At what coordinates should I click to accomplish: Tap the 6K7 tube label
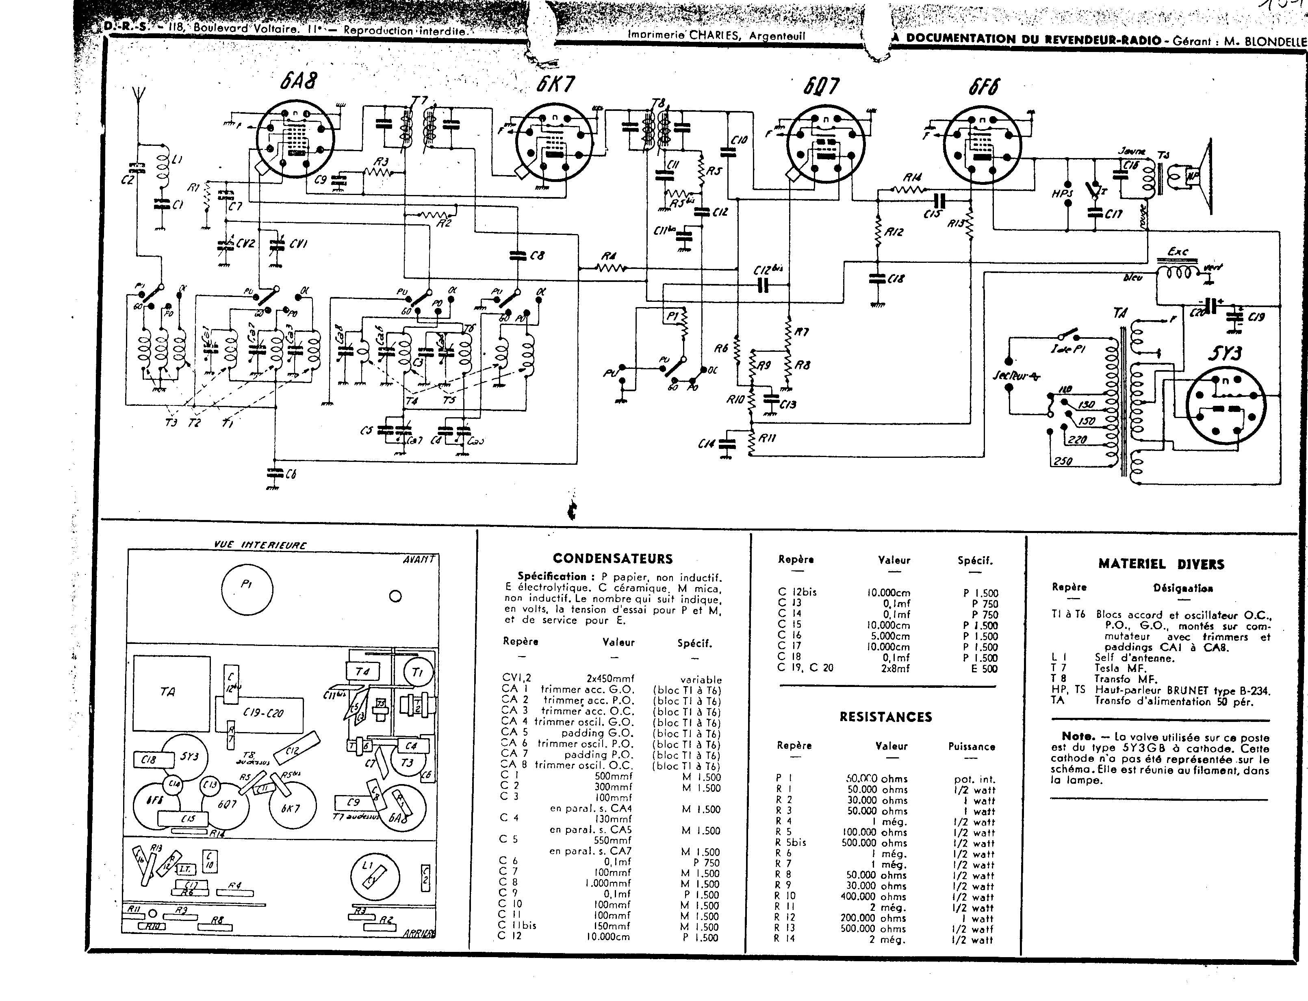click(x=555, y=84)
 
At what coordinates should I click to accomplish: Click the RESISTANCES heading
click(x=885, y=717)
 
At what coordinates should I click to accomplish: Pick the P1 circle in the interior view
click(x=247, y=589)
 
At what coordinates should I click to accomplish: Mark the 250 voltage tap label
click(x=1063, y=461)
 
